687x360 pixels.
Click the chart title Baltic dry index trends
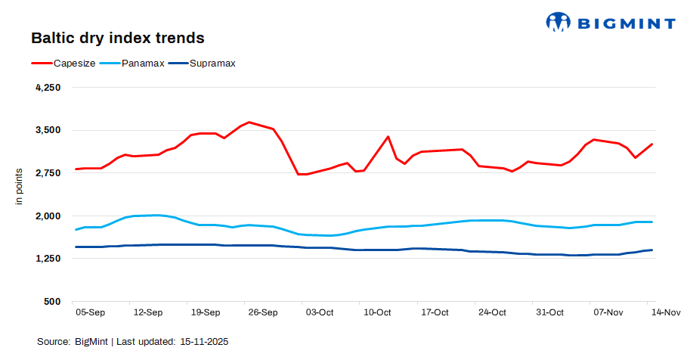coord(117,37)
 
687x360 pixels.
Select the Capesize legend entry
coord(74,63)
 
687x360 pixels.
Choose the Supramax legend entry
coord(212,63)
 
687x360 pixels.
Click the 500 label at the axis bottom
coord(52,302)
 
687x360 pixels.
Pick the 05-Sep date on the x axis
coord(91,312)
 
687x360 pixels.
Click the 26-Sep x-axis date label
coord(263,312)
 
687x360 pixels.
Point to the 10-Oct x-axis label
coord(377,312)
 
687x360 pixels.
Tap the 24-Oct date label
coord(492,312)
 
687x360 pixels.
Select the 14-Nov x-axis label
coord(666,312)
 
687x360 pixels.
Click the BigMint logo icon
coord(558,22)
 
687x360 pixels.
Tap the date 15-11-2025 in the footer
coord(204,342)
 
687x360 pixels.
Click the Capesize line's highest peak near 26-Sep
coord(249,122)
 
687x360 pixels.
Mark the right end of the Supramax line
coord(651,250)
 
